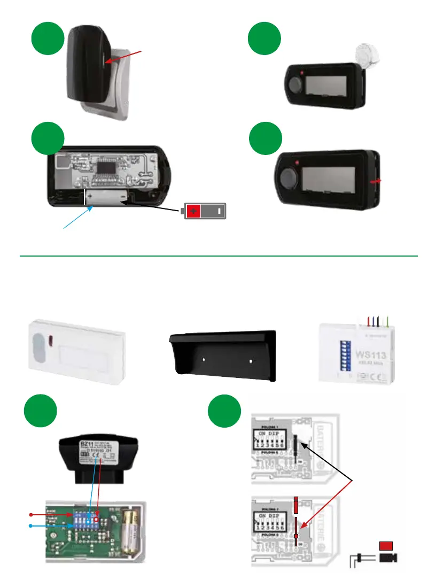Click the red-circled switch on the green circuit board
coord(97,518)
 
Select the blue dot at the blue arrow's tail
coord(30,525)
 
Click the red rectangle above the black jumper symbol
coord(386,545)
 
